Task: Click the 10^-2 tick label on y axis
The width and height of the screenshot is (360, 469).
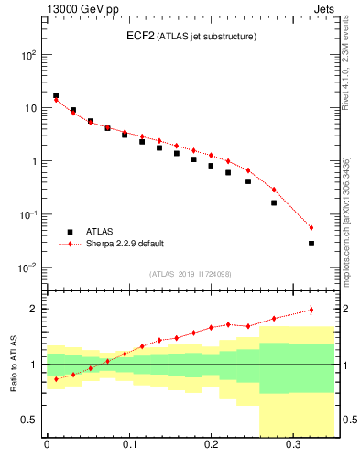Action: (27, 268)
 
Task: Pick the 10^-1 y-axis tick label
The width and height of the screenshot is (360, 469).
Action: (27, 215)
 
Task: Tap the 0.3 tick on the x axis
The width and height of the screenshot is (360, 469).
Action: (293, 450)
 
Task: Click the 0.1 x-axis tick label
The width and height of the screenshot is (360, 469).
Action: (128, 450)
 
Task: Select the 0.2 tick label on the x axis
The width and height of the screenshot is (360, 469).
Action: (211, 450)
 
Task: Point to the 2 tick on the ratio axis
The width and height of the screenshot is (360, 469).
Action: (33, 309)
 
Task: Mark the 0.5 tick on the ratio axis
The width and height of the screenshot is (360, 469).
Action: (29, 420)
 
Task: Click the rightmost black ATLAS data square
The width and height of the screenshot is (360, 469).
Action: (311, 244)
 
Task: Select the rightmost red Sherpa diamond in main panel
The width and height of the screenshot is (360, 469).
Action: (311, 228)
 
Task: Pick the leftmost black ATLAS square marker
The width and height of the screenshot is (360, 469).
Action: (56, 95)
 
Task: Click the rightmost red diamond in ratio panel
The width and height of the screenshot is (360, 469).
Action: (311, 310)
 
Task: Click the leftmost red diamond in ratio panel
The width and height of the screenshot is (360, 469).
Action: (56, 379)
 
